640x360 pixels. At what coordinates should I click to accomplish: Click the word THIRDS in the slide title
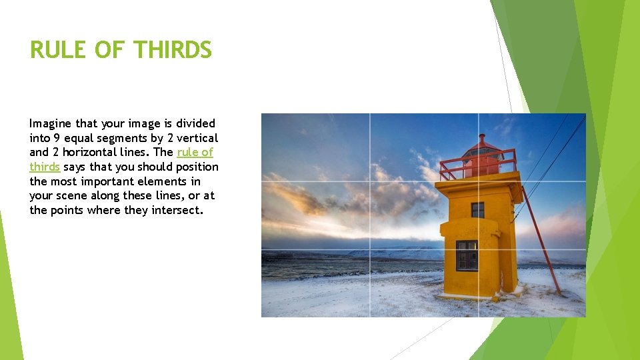coord(172,50)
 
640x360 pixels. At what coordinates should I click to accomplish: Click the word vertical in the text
coord(197,138)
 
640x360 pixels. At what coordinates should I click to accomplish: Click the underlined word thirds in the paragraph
coord(45,167)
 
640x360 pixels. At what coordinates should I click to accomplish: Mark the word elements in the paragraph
coord(152,181)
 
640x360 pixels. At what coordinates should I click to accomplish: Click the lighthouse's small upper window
coord(477,210)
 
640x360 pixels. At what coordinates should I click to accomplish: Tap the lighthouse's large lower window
coord(467,255)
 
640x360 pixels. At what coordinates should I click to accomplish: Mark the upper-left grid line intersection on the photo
coord(369,181)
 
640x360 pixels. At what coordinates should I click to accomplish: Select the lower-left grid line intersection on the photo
coord(369,249)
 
